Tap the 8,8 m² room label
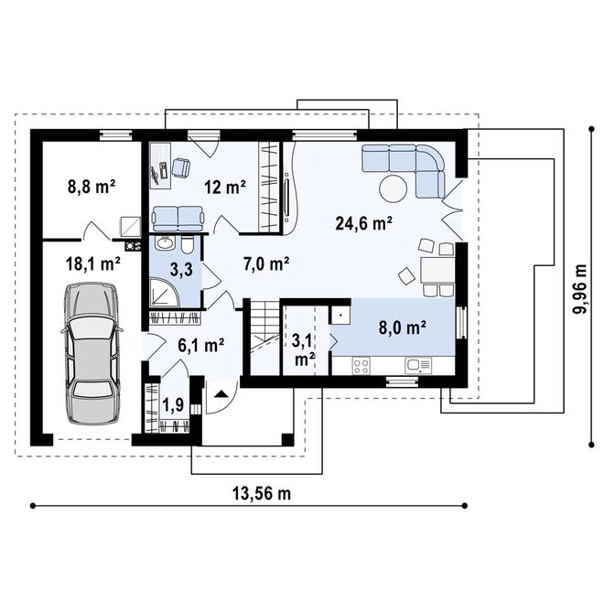click(x=92, y=187)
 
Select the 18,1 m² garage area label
click(x=92, y=264)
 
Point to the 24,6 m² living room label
click(x=363, y=223)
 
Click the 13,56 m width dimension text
click(x=262, y=493)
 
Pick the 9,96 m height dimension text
click(x=580, y=289)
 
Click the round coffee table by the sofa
click(x=393, y=188)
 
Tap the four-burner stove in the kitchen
click(x=361, y=365)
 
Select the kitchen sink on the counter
click(x=418, y=365)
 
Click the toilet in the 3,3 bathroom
click(x=188, y=245)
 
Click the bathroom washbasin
click(x=166, y=243)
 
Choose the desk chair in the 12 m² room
click(x=180, y=168)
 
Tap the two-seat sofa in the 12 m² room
click(x=178, y=219)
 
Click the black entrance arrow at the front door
click(x=221, y=393)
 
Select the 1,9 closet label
click(x=173, y=404)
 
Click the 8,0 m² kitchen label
click(x=403, y=327)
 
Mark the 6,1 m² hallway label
click(x=201, y=346)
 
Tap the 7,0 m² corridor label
click(x=266, y=263)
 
